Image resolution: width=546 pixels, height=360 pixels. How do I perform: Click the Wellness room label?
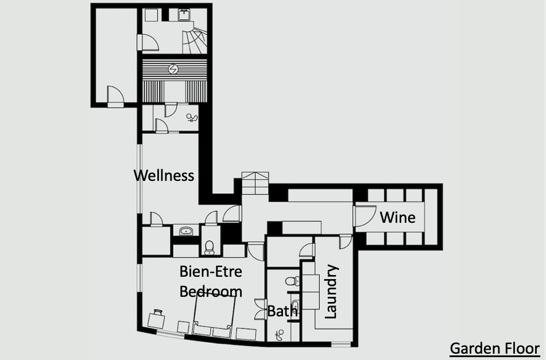[164, 176]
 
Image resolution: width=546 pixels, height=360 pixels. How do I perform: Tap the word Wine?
[398, 217]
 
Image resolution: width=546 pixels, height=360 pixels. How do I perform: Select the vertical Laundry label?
[331, 292]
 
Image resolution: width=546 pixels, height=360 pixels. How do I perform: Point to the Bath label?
[282, 311]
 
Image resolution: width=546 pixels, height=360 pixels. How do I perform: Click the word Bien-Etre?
[211, 272]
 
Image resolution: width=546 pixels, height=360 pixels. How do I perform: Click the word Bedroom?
[211, 292]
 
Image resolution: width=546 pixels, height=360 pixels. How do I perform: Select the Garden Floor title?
[495, 348]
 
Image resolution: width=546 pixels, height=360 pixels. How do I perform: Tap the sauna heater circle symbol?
[173, 69]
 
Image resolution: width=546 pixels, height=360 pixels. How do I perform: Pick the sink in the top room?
[184, 15]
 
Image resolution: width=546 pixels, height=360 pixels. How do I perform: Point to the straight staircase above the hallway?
[255, 183]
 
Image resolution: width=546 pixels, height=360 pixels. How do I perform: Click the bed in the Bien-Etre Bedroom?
[213, 316]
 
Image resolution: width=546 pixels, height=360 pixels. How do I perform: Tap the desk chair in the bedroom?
[158, 312]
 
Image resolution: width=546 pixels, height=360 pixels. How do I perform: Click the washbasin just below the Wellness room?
[186, 230]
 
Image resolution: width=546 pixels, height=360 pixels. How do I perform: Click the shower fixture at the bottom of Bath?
[279, 335]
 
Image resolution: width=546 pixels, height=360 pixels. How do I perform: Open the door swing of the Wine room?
[365, 216]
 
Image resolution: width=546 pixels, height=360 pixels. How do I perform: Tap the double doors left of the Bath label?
[260, 309]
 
